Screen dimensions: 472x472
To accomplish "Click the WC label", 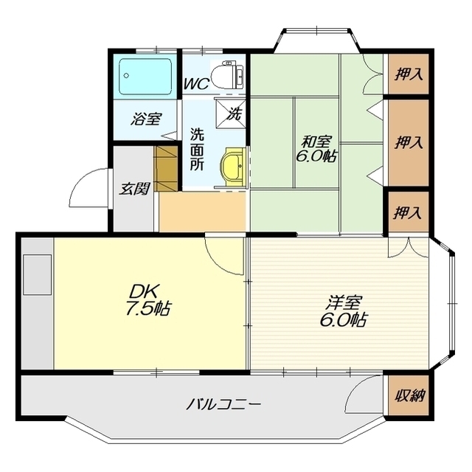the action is click(196, 83).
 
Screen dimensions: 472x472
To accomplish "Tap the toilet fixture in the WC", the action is click(228, 74).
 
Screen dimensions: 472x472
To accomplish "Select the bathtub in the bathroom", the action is click(145, 77).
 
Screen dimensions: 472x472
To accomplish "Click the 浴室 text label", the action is click(146, 119).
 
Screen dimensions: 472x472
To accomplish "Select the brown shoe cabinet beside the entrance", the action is click(165, 169).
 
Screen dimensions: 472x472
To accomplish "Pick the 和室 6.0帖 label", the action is click(316, 149).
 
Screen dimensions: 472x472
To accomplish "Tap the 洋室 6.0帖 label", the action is click(343, 311).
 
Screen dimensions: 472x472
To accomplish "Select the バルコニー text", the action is click(223, 404).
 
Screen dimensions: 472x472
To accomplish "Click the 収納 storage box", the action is click(409, 395).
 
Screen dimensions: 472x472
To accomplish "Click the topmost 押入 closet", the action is click(409, 74).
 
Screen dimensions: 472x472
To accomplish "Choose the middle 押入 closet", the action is click(409, 142).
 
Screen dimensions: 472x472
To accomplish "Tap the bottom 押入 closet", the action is click(409, 212).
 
